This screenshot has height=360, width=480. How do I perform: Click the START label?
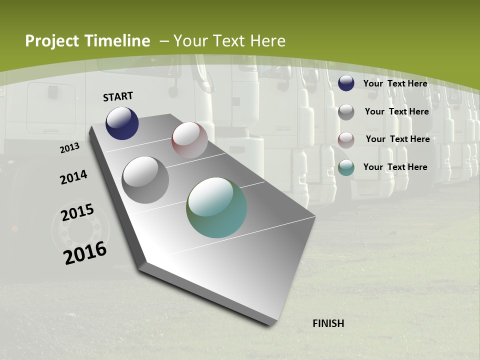coord(118,96)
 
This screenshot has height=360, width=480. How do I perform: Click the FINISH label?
coord(328,323)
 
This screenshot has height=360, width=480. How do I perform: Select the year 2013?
coord(69,148)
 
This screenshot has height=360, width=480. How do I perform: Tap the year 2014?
coord(73,177)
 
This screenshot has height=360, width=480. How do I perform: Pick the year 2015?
coord(77,212)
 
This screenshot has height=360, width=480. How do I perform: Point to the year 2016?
coord(85,252)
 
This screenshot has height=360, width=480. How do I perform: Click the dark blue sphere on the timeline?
coord(122,123)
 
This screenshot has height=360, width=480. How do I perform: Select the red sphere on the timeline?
coord(189,140)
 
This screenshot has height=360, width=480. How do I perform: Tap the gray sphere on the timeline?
coord(145,179)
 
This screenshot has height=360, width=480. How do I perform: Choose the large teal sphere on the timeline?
coord(216,207)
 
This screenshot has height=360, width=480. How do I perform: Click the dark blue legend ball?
coord(346,83)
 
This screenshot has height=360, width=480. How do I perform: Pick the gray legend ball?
coord(346,112)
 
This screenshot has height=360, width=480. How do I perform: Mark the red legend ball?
coord(346,140)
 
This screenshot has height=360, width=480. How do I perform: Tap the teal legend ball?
coord(346,167)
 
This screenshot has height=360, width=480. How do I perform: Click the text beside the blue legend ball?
coord(395,83)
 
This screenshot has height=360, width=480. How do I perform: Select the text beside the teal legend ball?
coord(395,167)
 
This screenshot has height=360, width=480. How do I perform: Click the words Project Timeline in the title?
coord(87,41)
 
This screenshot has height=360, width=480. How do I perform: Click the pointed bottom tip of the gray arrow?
coord(271,323)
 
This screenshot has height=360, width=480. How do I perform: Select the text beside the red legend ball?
coord(397,139)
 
